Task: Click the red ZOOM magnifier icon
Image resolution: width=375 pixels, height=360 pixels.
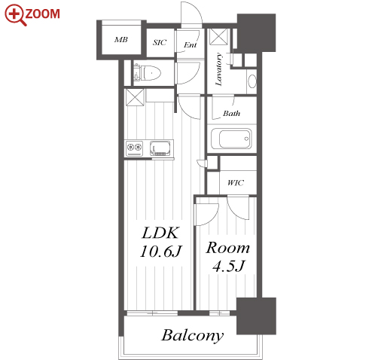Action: coord(15,14)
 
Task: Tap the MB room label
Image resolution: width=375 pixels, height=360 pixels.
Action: coord(121,40)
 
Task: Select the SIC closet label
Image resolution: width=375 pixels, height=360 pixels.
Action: coord(160,42)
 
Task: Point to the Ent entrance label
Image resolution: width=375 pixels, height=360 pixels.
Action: coord(190,45)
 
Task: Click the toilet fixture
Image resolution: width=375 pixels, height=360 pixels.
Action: coord(148,73)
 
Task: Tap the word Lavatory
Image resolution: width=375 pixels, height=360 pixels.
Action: coord(218,69)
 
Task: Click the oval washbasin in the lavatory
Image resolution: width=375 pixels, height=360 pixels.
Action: coord(252,81)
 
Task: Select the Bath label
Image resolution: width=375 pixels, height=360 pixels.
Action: coord(231,114)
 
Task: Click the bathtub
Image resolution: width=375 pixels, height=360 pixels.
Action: coord(231,139)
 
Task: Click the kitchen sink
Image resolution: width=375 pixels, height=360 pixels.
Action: coord(160,148)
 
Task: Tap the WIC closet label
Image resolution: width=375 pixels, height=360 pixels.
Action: coord(236,182)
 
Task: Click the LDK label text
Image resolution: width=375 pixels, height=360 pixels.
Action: coord(160,233)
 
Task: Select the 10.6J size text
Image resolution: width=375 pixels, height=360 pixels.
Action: coord(160,251)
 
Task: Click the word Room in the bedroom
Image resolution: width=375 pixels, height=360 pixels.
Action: coord(227,248)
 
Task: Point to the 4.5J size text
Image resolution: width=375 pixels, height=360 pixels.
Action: coord(228,266)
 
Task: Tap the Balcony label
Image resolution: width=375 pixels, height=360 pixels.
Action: coord(193,335)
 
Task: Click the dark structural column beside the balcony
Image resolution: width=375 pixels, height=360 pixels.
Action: coord(256,316)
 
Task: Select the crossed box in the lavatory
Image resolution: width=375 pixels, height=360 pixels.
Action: coord(218,37)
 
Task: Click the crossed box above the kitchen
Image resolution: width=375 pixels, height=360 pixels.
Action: coord(135,97)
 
